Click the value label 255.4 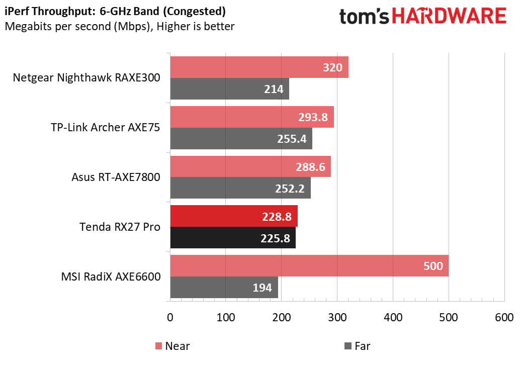tap(292, 138)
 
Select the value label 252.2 tap(290, 188)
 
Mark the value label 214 tap(274, 89)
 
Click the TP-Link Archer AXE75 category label tap(105, 128)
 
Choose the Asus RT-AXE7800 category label tap(116, 177)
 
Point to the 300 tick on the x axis tap(337, 318)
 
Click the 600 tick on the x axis tap(504, 318)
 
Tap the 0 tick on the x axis tap(170, 318)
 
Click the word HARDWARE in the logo tap(449, 16)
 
